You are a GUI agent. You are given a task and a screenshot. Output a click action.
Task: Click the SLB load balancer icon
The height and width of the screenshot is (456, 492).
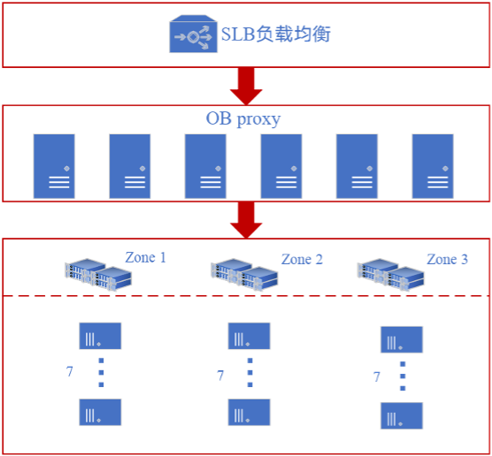pos(193,34)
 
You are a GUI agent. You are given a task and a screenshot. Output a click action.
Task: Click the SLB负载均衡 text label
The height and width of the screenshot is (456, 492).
pos(276,34)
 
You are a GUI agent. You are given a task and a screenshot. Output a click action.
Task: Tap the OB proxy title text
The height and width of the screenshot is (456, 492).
pos(243,119)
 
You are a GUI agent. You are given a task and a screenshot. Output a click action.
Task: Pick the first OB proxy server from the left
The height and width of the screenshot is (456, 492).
pos(54,166)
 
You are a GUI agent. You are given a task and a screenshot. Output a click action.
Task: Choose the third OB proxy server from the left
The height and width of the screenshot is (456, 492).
pos(205,166)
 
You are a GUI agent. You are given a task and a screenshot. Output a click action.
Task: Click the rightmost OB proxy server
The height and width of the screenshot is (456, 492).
pos(433,166)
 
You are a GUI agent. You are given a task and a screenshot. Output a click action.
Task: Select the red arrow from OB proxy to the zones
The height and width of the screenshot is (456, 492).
pos(246,220)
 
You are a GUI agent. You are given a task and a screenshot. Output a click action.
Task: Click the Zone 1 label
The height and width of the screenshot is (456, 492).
pos(146,258)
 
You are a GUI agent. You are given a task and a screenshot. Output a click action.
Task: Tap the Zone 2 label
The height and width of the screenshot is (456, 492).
pos(302,260)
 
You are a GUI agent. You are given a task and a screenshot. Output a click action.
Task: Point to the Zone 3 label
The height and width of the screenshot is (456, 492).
pos(447,260)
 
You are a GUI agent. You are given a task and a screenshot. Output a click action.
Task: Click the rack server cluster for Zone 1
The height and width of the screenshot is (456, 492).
pos(98,275)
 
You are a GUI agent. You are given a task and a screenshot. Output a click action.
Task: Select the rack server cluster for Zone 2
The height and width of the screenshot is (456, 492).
pos(244,275)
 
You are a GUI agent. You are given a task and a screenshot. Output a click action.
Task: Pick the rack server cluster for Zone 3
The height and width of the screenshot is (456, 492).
pos(390,275)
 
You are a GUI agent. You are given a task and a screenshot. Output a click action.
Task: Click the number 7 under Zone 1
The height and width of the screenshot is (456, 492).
pos(69,372)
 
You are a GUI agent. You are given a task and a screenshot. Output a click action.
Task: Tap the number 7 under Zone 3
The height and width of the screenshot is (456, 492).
pos(377,376)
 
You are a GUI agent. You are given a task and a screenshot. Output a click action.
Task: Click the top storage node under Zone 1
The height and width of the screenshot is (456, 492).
pos(100,336)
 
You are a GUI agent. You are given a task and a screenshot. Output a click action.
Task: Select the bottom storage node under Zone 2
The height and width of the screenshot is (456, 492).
pos(250,412)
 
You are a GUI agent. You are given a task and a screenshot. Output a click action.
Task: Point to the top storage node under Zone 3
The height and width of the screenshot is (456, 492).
pos(402,339)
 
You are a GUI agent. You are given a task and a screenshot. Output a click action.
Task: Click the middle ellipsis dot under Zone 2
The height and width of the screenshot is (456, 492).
pos(250,373)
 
